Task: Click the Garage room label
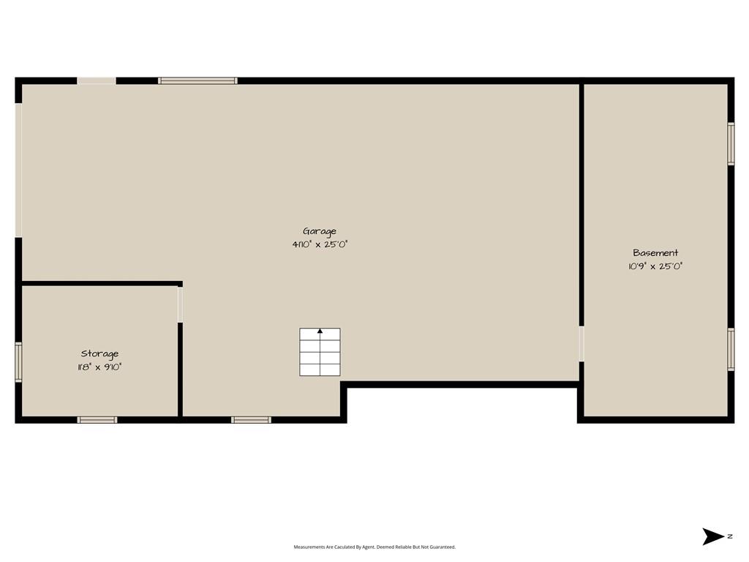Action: [320, 232]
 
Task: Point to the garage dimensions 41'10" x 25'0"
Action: [320, 244]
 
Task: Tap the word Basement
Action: [655, 252]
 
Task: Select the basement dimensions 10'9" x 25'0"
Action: [655, 266]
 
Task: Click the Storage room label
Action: [99, 354]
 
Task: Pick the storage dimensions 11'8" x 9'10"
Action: [99, 367]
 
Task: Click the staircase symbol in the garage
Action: [320, 352]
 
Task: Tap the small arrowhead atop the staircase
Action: [320, 331]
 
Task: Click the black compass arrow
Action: [713, 536]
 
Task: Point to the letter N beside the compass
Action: [730, 536]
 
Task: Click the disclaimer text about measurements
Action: [374, 547]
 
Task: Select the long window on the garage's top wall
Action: [197, 80]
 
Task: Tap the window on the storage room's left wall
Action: [18, 361]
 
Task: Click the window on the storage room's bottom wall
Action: [97, 420]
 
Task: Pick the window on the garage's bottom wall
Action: [252, 420]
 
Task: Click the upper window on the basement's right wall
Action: [731, 144]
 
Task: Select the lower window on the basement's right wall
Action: [731, 349]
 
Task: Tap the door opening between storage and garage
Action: [180, 305]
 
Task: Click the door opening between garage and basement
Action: [581, 344]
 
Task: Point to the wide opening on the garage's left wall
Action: [18, 170]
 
